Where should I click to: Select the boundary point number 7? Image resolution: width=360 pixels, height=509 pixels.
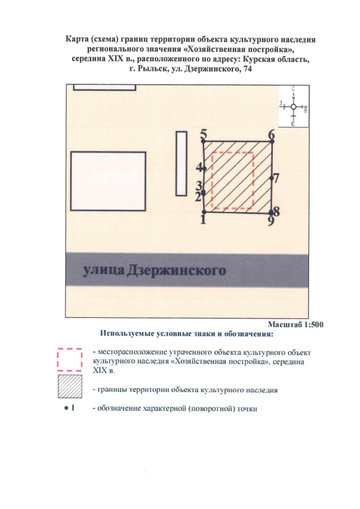click(x=271, y=178)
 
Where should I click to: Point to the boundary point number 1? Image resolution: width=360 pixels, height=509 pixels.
click(x=204, y=213)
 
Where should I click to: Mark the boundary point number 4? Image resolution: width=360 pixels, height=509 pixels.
click(x=204, y=169)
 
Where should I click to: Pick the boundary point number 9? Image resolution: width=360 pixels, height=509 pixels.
click(x=271, y=214)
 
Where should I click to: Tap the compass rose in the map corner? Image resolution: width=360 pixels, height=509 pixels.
click(x=294, y=106)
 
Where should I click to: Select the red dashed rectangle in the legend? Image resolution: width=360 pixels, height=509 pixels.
click(x=70, y=361)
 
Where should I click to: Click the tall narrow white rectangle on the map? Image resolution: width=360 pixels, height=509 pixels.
click(x=181, y=155)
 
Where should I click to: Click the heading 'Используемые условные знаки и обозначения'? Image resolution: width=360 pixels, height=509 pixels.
click(x=186, y=335)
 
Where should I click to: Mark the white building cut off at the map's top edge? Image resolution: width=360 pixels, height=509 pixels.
click(x=105, y=87)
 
